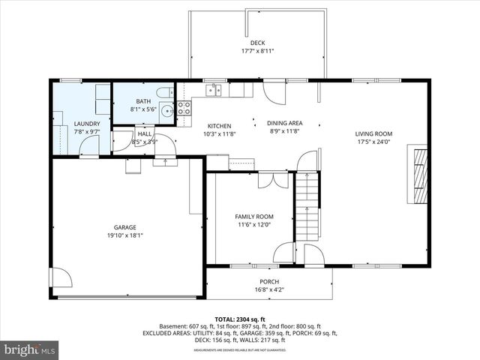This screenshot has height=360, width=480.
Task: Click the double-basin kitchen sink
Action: [215, 91]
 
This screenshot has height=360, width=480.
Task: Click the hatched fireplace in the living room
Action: [420, 175]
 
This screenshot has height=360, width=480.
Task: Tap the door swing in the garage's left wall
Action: [60, 278]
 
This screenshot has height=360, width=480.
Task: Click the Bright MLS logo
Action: [30, 349]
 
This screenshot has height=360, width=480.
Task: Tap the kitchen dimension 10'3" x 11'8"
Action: [219, 135]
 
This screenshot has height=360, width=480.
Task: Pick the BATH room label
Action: [143, 101]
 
